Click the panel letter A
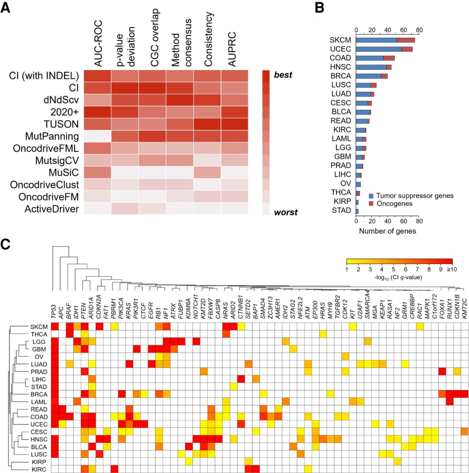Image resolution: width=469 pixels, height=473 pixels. click(6, 8)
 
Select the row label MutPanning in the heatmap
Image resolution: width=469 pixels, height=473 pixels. click(52, 136)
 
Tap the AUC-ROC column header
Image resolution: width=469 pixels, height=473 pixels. click(98, 43)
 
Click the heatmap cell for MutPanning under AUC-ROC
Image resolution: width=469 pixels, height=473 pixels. click(97, 136)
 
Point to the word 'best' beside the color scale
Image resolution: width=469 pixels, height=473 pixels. click(283, 75)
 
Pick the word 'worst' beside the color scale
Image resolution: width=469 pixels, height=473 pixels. click(285, 212)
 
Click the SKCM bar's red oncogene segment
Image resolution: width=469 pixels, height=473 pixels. click(406, 40)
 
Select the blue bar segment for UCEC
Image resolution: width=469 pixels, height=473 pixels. click(379, 49)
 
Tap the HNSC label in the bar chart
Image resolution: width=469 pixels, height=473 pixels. click(340, 67)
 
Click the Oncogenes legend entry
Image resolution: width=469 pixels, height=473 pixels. click(394, 204)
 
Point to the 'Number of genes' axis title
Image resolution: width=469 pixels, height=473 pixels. click(387, 231)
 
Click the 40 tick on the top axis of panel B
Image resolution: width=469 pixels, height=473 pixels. click(387, 30)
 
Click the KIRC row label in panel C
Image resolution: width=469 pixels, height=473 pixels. click(39, 469)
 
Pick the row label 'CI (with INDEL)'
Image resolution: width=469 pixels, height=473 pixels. click(44, 76)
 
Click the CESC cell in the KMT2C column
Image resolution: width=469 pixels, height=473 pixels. click(465, 431)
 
